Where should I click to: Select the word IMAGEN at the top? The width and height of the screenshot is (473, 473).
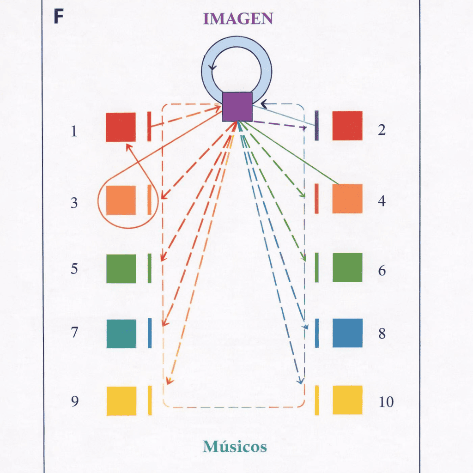(238, 18)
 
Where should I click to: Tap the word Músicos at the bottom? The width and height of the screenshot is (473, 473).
(235, 447)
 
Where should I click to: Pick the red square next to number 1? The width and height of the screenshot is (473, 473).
(121, 127)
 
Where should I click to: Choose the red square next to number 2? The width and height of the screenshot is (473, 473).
(347, 126)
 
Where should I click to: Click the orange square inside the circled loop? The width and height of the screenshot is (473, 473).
(121, 200)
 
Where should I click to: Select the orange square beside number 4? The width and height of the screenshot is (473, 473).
(347, 199)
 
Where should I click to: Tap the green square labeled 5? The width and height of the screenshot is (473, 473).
(121, 268)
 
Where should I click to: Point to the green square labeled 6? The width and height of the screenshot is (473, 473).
(347, 267)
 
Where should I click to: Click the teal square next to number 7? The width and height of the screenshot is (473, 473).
(121, 334)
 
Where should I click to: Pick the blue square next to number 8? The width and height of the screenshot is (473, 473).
(347, 333)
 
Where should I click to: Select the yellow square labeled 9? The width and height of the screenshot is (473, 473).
(121, 401)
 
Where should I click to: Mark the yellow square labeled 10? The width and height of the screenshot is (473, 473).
(347, 400)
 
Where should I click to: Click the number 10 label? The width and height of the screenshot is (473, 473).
(386, 402)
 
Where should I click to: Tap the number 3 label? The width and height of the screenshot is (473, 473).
(74, 203)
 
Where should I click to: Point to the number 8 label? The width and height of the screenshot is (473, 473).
(382, 334)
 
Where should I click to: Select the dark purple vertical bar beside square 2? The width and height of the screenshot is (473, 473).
(316, 126)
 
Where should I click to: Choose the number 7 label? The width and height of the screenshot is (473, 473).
(74, 333)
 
